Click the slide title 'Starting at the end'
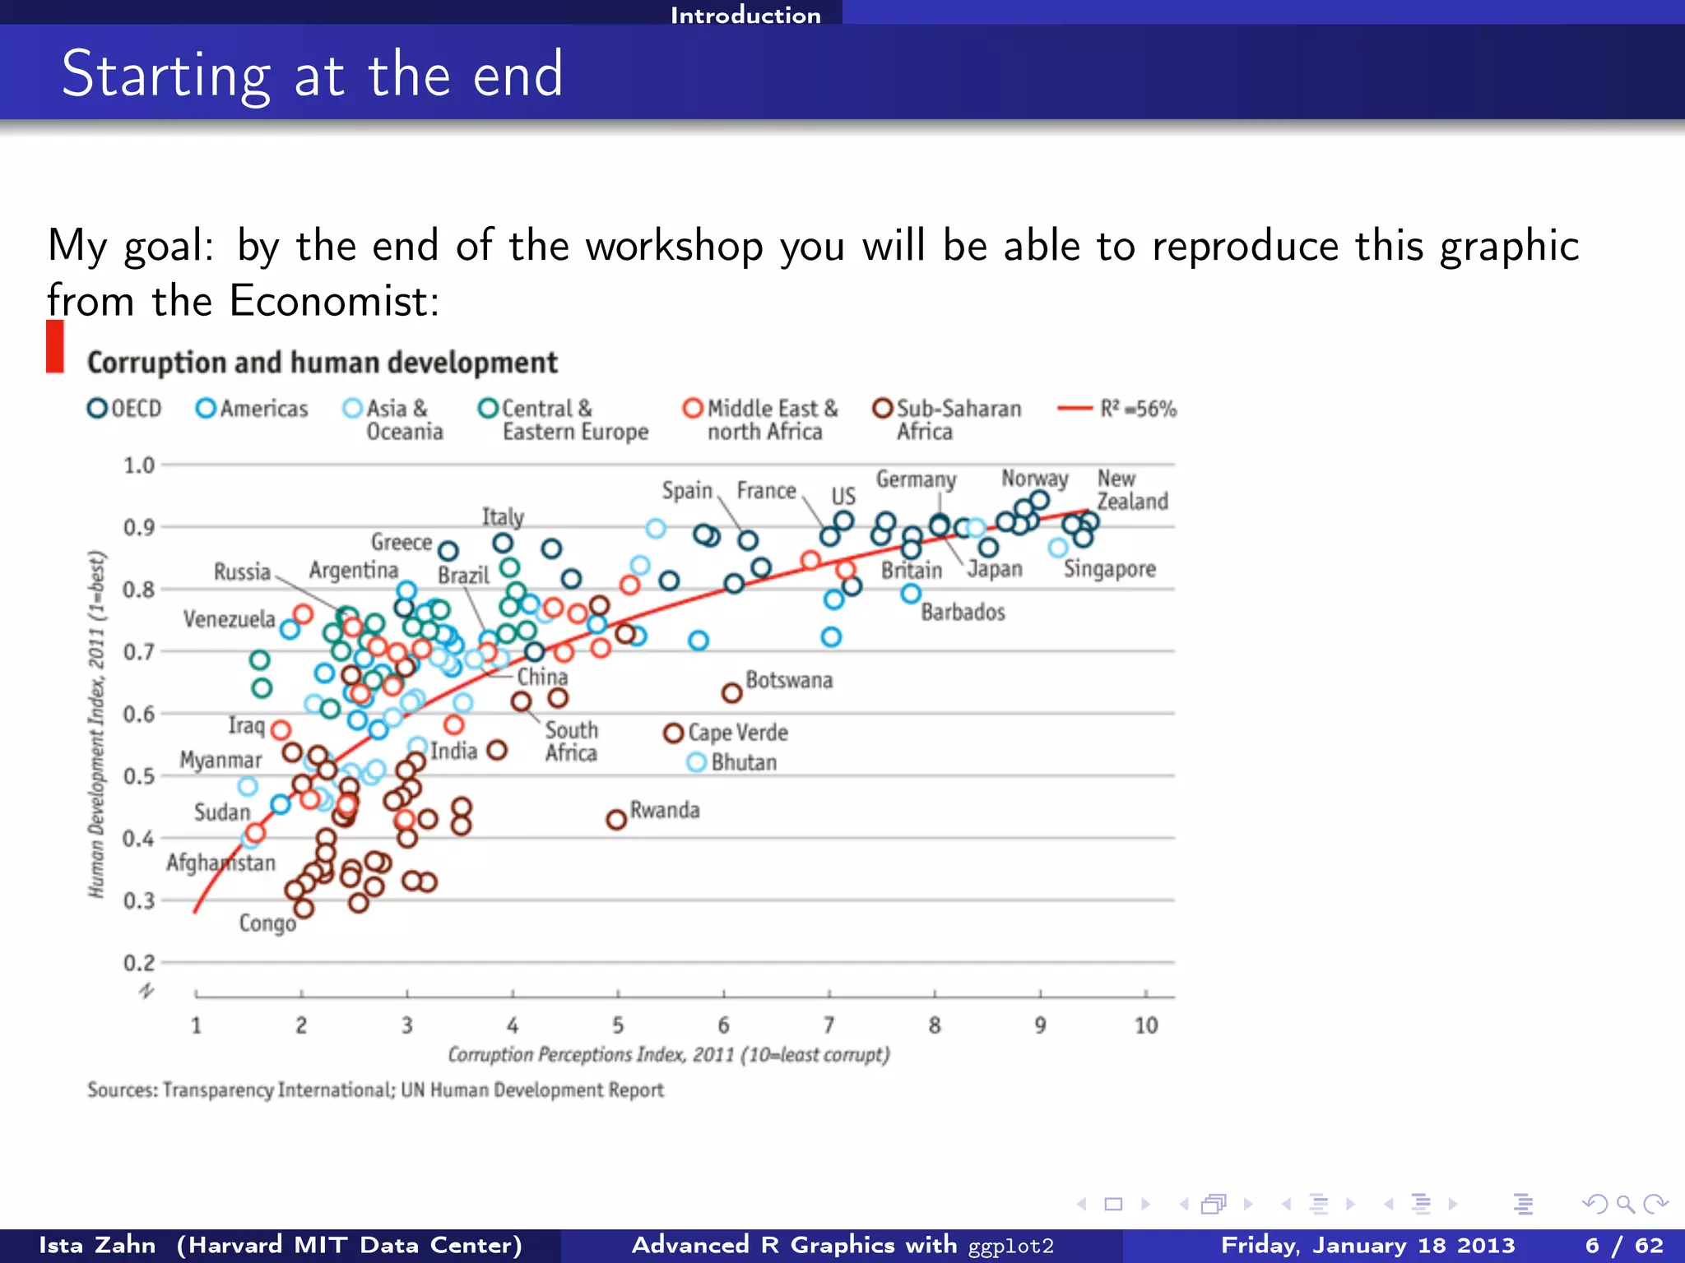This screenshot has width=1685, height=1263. (x=312, y=75)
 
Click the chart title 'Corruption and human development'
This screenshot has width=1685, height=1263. (x=322, y=363)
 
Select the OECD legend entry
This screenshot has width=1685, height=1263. (x=125, y=409)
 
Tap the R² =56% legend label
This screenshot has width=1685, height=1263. (x=1138, y=409)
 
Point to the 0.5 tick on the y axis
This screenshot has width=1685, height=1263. (x=138, y=776)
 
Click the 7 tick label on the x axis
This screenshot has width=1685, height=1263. (x=829, y=1025)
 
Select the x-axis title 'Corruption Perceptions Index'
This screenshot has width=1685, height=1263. (x=668, y=1054)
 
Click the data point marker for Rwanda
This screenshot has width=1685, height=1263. (x=616, y=820)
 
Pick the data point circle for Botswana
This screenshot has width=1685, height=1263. (x=731, y=693)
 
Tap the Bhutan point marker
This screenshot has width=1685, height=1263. (x=696, y=762)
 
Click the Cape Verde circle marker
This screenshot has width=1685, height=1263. (x=673, y=733)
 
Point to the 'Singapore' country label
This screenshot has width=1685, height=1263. (x=1109, y=569)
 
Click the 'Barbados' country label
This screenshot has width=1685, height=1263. (x=963, y=613)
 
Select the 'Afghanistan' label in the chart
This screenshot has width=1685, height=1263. (x=220, y=863)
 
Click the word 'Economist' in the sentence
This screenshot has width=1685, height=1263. (x=333, y=301)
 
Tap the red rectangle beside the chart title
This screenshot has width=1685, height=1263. (x=55, y=346)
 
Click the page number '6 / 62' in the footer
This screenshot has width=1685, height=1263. (x=1623, y=1245)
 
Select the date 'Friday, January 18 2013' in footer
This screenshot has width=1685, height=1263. (x=1367, y=1245)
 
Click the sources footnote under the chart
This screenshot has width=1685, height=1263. (x=375, y=1090)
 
